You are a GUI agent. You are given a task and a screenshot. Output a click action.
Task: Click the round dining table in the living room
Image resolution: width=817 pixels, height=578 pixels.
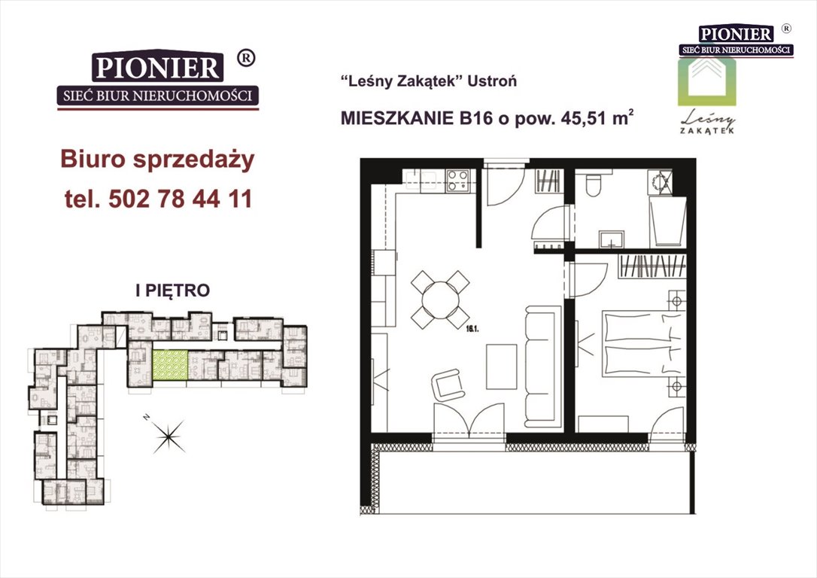(441, 300)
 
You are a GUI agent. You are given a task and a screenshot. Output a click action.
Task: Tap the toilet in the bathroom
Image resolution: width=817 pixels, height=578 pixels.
(594, 182)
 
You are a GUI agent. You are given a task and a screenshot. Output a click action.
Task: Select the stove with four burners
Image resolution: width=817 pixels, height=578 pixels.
(457, 181)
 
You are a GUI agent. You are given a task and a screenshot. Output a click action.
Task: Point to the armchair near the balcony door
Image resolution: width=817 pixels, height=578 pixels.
(448, 385)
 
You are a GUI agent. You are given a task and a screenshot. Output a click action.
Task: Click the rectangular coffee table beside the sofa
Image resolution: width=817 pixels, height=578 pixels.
(501, 367)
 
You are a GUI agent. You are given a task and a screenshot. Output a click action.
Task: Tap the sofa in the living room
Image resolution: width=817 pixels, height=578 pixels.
(543, 365)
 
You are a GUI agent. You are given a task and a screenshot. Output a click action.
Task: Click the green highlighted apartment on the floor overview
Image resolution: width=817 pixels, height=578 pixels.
(170, 365)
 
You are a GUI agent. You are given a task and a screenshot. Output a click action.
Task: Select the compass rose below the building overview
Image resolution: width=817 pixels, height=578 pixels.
(168, 435)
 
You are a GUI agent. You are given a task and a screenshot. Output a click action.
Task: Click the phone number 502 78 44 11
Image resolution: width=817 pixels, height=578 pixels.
(181, 199)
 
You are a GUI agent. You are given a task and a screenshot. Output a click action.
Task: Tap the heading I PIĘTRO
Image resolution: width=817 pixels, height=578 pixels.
(172, 291)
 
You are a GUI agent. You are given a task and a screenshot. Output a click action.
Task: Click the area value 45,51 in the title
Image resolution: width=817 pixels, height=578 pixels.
(582, 118)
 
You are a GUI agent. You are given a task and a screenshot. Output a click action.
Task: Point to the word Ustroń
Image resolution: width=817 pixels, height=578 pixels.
(492, 81)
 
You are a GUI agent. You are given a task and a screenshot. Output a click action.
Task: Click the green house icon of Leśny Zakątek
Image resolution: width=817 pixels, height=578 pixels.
(706, 82)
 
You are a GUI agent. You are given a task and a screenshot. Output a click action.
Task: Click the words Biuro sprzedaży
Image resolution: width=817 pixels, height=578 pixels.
(157, 160)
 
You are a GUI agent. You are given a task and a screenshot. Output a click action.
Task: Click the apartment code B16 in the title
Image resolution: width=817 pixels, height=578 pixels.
(475, 118)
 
